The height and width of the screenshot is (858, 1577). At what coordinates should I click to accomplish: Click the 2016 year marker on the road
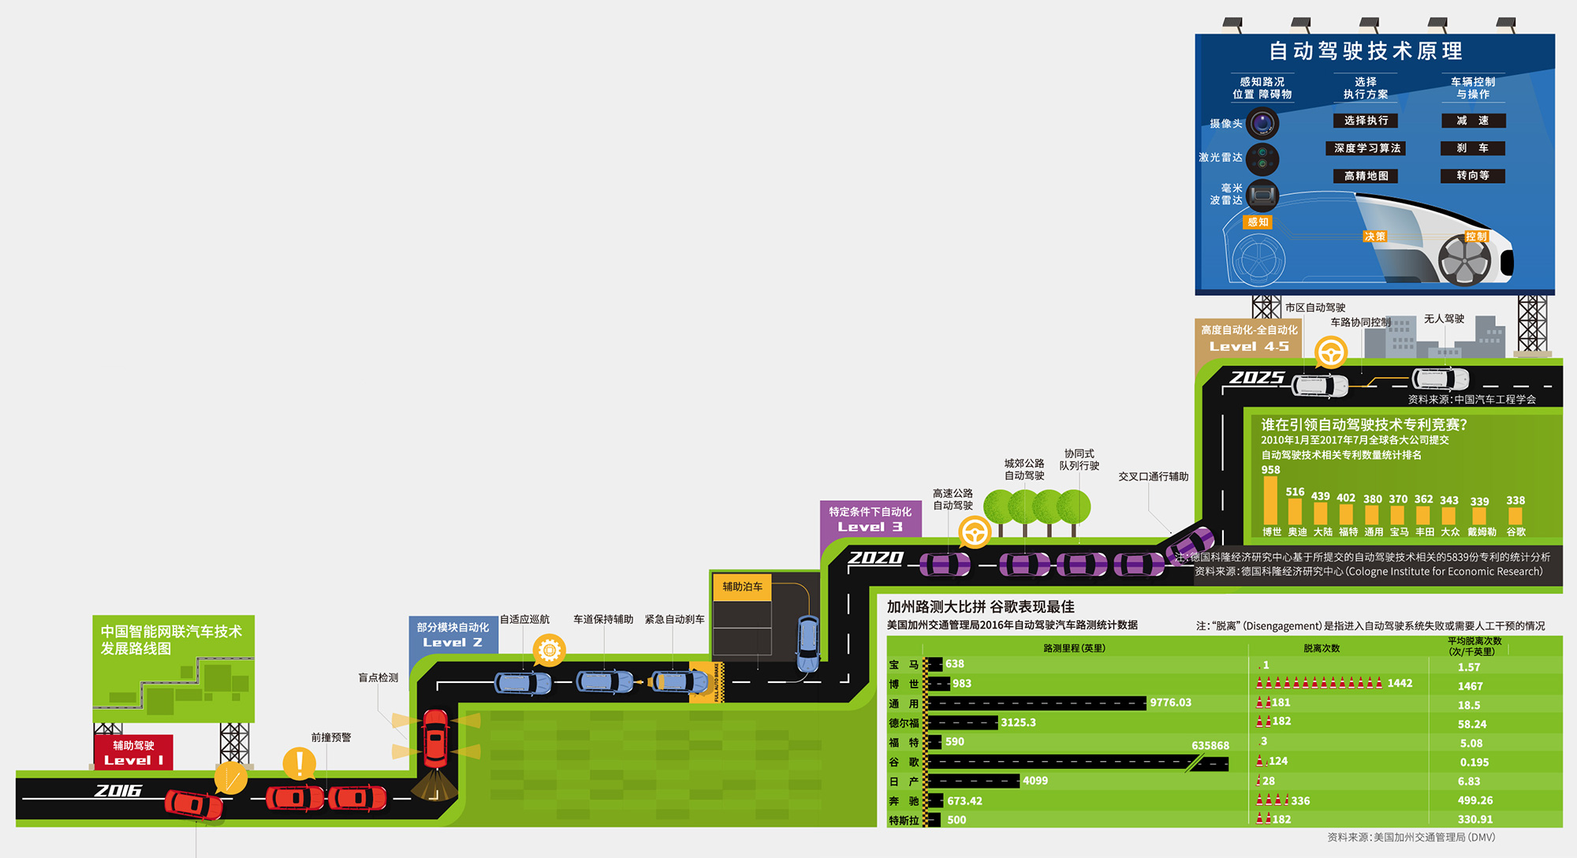118,790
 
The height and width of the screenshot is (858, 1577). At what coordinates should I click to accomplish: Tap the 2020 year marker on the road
875,558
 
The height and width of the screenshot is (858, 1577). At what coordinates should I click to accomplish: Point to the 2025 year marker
1257,378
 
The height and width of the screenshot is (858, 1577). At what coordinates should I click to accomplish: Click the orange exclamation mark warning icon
299,763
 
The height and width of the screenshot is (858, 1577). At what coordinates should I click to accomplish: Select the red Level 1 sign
133,752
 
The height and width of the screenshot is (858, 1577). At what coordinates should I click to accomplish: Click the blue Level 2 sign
453,635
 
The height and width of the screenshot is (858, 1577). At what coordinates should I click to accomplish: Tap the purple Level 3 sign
870,519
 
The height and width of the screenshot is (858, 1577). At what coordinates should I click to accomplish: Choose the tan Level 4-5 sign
1249,338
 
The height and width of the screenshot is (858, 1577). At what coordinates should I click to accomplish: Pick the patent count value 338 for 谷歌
1515,501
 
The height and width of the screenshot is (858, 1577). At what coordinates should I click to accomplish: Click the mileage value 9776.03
1170,703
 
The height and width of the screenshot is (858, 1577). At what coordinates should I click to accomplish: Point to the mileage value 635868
1210,745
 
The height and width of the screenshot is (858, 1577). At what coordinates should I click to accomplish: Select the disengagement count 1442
1400,683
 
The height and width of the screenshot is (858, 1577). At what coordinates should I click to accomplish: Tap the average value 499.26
1475,800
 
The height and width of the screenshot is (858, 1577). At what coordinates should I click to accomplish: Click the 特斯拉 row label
904,820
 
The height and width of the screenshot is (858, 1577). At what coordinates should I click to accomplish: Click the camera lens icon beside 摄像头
1263,123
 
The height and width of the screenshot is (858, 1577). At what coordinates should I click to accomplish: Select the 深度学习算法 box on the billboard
1367,148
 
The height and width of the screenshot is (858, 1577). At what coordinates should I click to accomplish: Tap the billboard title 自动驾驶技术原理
1366,51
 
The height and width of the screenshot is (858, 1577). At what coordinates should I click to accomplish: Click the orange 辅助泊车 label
742,587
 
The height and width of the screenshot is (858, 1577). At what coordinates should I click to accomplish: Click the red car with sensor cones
435,738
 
